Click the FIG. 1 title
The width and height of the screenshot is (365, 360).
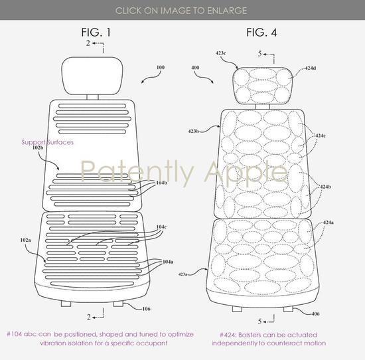(x=96, y=32)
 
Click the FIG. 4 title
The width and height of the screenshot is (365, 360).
(x=261, y=32)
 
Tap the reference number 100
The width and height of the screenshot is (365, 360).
(x=161, y=67)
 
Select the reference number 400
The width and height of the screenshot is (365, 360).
(x=195, y=68)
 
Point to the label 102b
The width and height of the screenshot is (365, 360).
(x=38, y=147)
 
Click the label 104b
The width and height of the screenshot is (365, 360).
(x=161, y=183)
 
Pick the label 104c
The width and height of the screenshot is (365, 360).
(x=161, y=226)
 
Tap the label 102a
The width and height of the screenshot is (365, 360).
(x=25, y=240)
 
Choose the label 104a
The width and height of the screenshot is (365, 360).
(x=168, y=262)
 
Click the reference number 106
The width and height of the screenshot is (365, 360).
(x=146, y=309)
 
